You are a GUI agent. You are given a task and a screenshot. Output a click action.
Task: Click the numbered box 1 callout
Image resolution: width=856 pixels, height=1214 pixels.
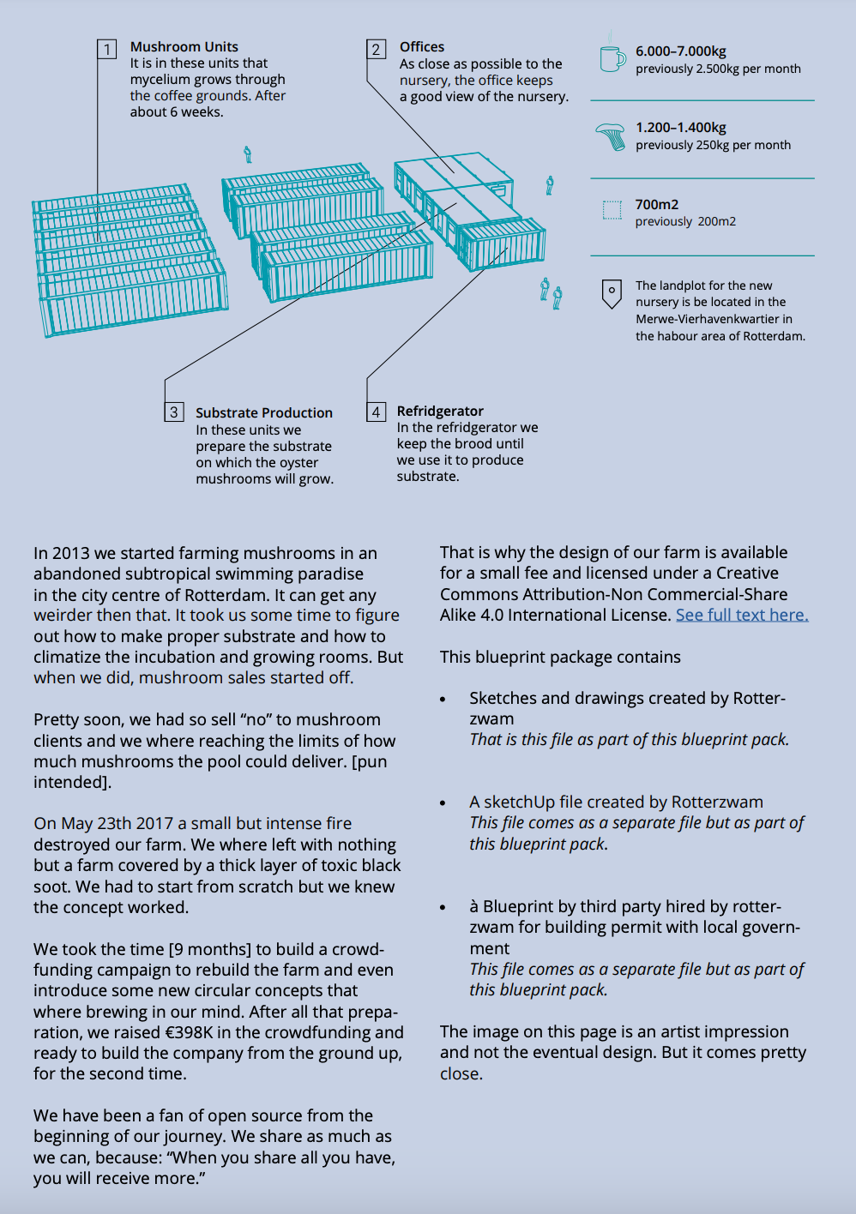107,49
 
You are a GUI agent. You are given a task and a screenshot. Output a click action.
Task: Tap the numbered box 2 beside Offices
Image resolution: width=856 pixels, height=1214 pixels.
376,49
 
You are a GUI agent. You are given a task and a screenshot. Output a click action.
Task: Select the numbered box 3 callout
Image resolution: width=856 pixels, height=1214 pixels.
174,412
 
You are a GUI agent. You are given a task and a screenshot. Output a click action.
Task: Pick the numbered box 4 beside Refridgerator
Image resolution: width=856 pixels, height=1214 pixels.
376,412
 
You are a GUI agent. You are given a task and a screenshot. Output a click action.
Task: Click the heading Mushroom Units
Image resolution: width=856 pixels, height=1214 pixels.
184,47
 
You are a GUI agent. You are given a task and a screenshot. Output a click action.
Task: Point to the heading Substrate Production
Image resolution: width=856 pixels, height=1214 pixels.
264,412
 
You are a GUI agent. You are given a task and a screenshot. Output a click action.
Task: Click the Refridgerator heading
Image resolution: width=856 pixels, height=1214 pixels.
440,411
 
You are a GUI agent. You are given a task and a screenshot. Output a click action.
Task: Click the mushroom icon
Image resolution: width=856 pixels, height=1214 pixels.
611,135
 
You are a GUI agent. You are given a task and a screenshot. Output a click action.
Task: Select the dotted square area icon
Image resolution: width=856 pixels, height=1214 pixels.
612,210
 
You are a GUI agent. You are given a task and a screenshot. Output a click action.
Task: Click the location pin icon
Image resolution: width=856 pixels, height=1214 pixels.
612,293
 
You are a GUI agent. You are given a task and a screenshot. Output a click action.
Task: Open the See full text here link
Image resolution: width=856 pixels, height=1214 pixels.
742,615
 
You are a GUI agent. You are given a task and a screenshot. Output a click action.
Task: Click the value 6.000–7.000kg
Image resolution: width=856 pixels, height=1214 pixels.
681,51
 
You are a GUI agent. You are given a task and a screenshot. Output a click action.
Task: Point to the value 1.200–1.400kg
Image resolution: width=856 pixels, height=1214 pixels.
681,128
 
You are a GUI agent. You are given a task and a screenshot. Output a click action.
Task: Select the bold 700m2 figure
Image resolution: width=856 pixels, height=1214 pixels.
657,204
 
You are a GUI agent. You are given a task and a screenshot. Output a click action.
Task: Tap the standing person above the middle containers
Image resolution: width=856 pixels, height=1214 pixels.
248,154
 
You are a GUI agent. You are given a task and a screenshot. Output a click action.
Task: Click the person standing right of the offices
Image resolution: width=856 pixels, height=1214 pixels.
550,184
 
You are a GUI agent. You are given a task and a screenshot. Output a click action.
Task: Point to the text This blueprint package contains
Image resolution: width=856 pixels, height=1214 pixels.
560,657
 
